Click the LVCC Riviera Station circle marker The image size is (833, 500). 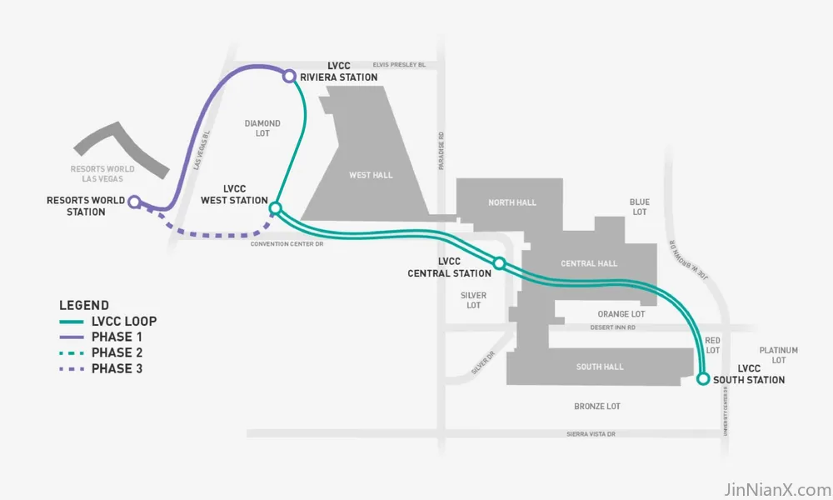[289, 77]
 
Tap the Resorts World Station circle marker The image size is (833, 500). [135, 202]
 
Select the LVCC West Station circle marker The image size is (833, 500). [275, 207]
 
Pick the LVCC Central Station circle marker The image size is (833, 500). [499, 263]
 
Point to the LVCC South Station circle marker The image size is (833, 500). [703, 379]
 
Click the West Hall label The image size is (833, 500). [371, 175]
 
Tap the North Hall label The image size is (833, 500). [512, 202]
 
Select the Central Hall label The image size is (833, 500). [589, 263]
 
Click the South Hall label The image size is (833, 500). [600, 367]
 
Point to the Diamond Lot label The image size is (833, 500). [262, 128]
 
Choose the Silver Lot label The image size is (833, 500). [473, 300]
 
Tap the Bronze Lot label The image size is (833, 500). [597, 407]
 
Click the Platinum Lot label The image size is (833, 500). [778, 355]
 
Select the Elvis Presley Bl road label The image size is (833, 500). [399, 65]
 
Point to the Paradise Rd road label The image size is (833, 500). [441, 151]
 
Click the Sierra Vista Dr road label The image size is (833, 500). [591, 434]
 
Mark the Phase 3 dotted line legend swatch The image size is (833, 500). [71, 369]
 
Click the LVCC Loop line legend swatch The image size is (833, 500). [71, 322]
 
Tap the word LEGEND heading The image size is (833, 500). [84, 306]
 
